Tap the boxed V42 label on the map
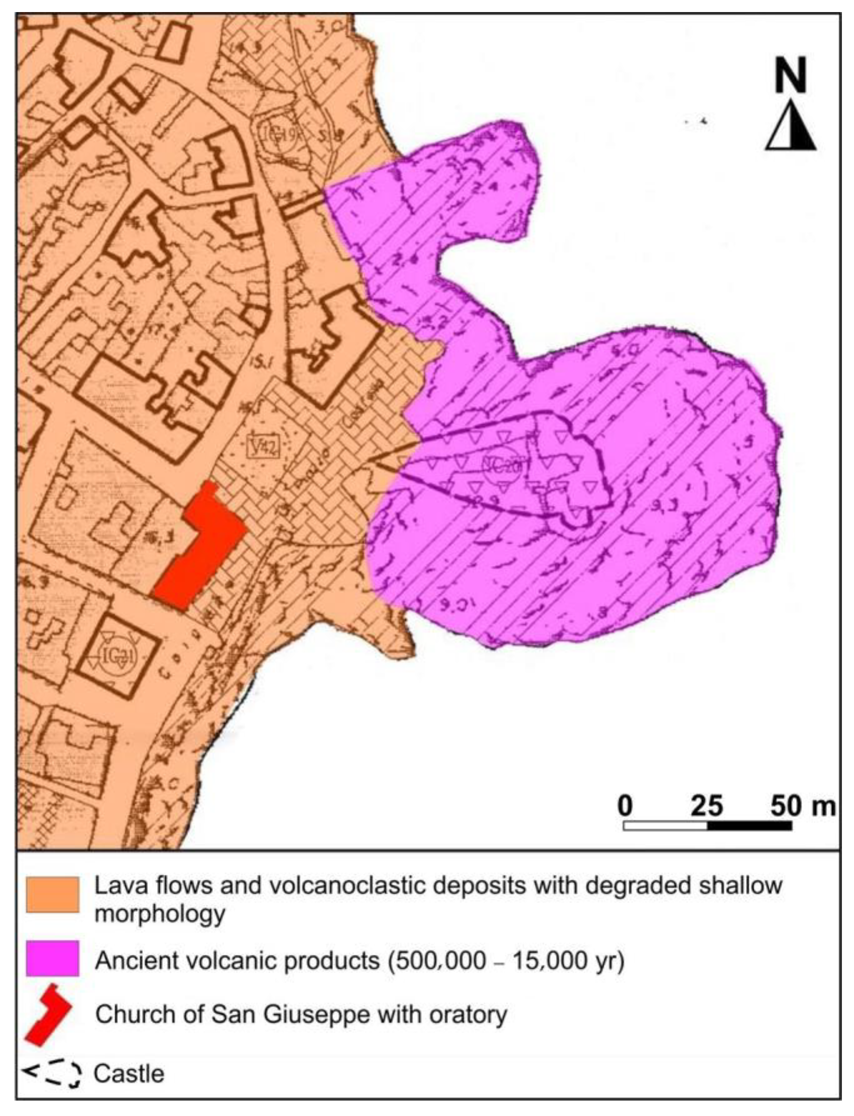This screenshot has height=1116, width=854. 263,446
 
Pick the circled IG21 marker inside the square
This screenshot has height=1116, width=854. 114,656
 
